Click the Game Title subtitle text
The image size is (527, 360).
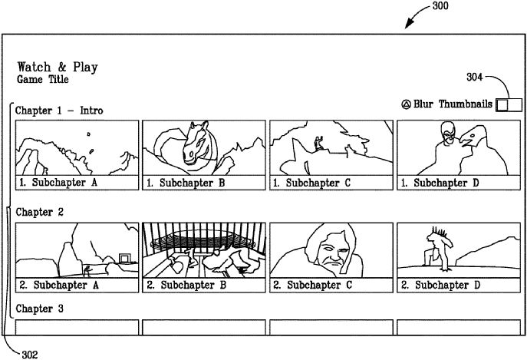pyautogui.click(x=43, y=79)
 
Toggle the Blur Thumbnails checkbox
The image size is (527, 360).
pyautogui.click(x=509, y=104)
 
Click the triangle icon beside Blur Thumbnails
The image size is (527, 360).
pyautogui.click(x=406, y=104)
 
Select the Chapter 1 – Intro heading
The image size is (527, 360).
pyautogui.click(x=59, y=111)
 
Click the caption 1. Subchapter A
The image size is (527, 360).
pyautogui.click(x=58, y=183)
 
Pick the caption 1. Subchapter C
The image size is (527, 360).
pyautogui.click(x=312, y=183)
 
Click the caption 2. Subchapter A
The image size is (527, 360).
pyautogui.click(x=58, y=285)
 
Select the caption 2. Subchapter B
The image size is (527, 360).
pyautogui.click(x=186, y=285)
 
